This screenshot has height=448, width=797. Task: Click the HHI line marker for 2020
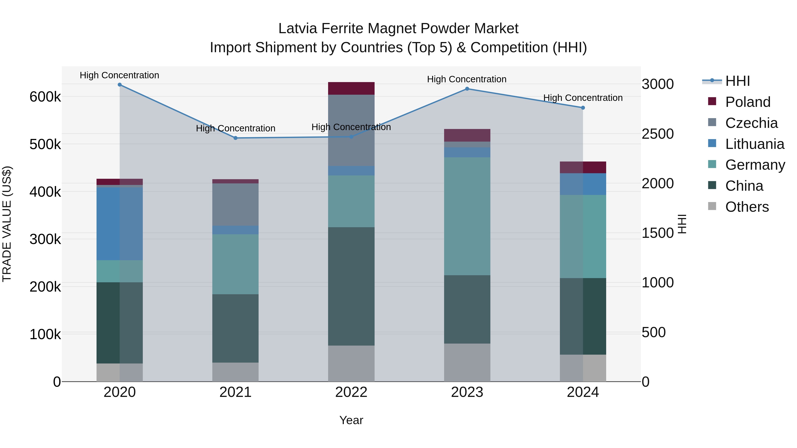coord(120,85)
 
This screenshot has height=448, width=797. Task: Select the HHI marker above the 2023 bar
coord(467,89)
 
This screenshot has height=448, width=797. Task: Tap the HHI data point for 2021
coord(236,138)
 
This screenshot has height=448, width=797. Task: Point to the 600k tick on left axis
coord(45,97)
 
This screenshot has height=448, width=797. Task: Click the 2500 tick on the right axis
coord(658,134)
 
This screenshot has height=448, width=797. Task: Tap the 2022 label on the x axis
coord(351,392)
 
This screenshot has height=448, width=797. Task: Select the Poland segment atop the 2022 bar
coord(351,88)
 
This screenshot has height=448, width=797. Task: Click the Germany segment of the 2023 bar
coord(467,216)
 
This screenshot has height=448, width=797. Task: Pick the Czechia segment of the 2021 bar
coord(236,204)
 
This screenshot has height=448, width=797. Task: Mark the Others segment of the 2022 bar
coord(351,363)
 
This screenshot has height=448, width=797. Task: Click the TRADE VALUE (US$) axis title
coord(7,224)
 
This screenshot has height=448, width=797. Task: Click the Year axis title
coord(351,420)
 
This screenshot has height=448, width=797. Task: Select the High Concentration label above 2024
coord(583,98)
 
